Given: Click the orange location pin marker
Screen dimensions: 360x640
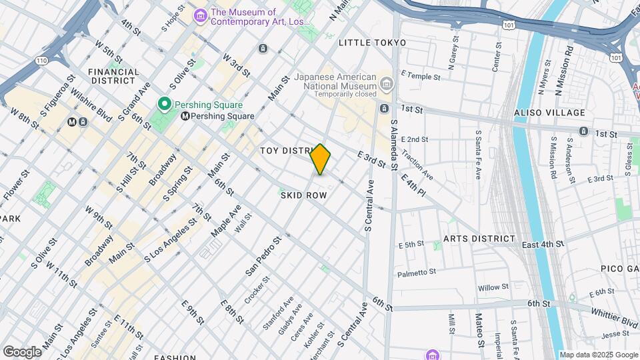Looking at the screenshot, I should pos(321,159).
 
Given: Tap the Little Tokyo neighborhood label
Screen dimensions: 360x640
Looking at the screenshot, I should pos(372,43).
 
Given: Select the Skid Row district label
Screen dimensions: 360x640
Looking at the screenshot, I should pos(303,195).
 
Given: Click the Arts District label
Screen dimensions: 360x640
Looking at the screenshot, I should pos(479,239).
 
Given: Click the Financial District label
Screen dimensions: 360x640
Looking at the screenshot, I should pos(113,76).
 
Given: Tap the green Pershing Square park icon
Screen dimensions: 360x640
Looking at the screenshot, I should pos(163,105).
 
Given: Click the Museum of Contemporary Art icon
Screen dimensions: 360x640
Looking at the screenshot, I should pos(199,15).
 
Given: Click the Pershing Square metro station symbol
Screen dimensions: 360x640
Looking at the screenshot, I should pos(185,116).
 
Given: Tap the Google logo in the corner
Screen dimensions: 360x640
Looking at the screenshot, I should pos(22,351).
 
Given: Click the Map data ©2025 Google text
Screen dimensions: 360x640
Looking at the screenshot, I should pos(598,355).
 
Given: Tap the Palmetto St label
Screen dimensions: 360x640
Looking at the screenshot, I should pos(416,273).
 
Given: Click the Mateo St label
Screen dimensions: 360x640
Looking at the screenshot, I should pos(478,331).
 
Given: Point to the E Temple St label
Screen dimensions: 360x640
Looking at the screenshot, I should pos(421,77).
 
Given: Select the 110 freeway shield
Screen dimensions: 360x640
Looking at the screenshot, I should pos(42,60).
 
